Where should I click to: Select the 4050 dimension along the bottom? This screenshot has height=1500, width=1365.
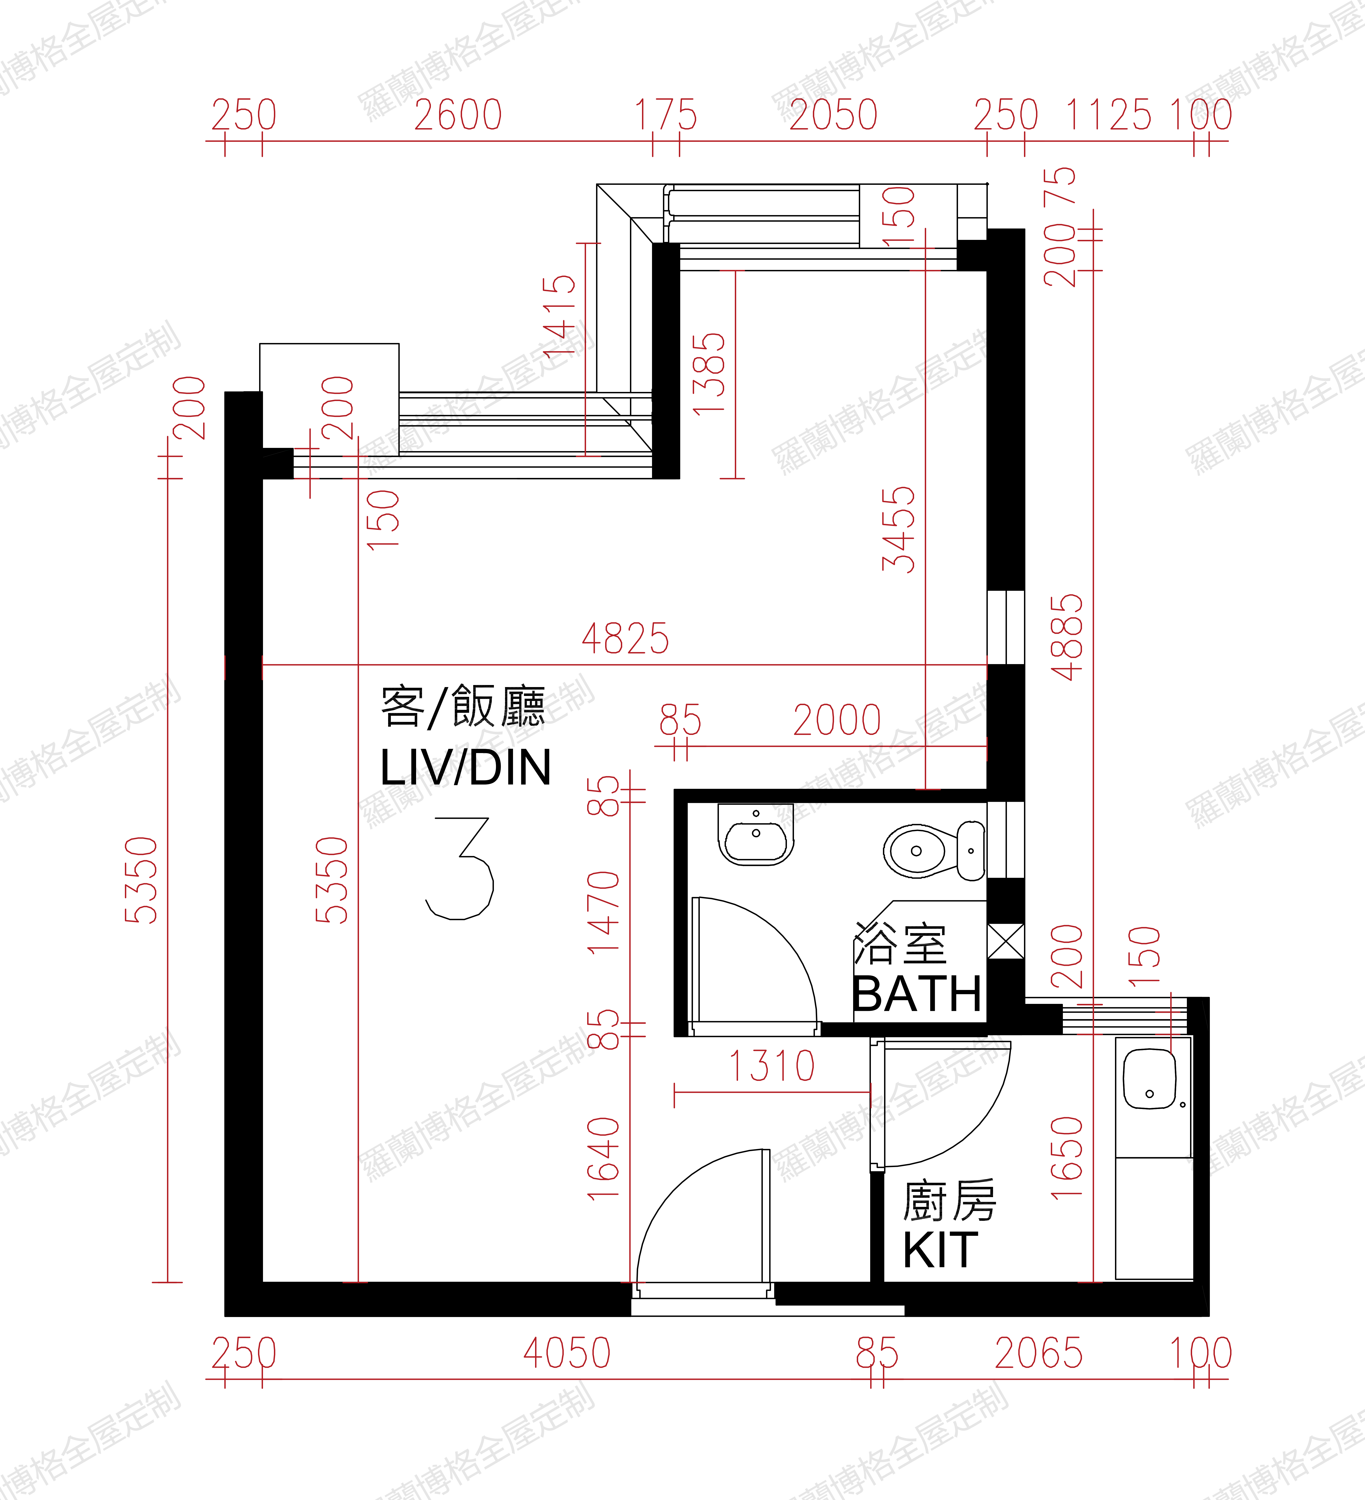tap(567, 1353)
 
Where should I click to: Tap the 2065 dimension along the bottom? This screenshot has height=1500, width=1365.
tap(1039, 1353)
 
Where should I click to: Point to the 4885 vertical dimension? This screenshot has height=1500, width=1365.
tap(1067, 637)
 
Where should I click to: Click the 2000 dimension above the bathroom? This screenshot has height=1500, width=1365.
tap(837, 720)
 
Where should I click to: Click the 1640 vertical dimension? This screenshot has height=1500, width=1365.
tap(603, 1158)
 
